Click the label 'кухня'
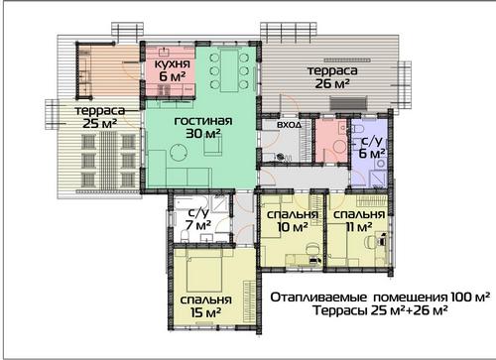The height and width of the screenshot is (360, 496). point(173,63)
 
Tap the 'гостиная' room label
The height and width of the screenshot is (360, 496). point(203,121)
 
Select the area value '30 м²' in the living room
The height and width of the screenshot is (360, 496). point(203,134)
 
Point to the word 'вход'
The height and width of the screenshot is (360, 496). point(289,125)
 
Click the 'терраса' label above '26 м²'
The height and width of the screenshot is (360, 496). point(332,70)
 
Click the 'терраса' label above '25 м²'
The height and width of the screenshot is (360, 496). point(100,110)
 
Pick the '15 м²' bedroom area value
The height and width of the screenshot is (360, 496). point(205,312)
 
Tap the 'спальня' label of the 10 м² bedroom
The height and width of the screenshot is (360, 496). point(293,214)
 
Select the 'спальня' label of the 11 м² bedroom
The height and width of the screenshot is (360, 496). point(359,214)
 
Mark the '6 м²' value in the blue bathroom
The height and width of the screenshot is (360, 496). point(372,154)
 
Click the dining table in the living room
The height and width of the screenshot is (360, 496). point(229,70)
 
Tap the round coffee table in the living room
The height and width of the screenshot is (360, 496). point(179,152)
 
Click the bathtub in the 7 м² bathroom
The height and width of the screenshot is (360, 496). point(191,202)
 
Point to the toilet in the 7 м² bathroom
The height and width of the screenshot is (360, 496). point(185,236)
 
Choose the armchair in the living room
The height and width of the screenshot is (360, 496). point(212,146)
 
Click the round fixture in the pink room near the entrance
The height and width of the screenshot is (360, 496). point(338,147)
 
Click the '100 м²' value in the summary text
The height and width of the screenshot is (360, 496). point(470,298)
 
